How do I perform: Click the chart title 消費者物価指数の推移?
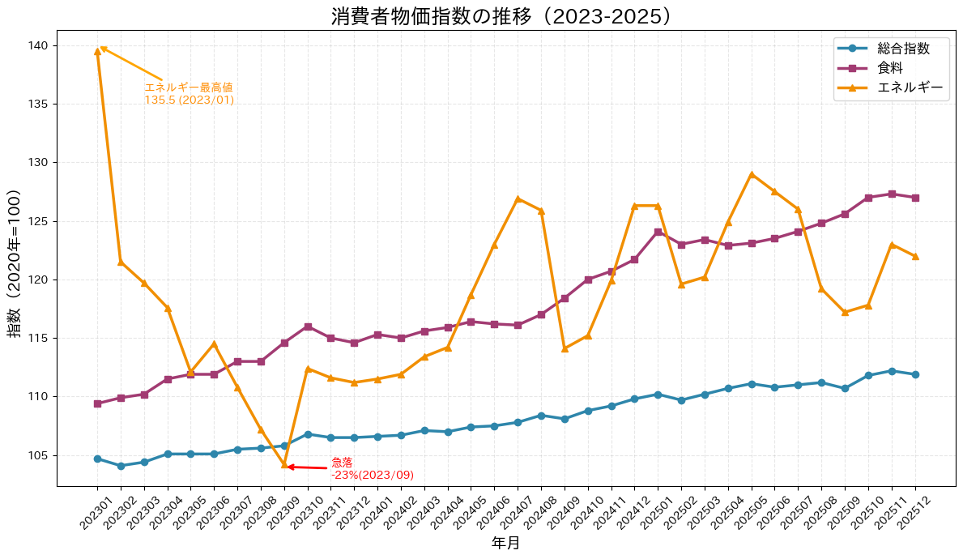501,16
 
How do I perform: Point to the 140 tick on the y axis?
38,45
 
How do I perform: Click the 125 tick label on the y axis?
38,221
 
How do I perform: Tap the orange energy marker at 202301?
97,51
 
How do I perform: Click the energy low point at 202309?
284,465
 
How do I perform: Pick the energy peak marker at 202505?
752,174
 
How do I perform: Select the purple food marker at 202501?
658,232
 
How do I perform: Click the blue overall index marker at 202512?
915,374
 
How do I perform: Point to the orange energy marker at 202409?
565,348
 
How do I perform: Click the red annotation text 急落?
342,462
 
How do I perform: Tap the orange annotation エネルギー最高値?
189,87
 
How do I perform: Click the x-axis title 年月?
505,544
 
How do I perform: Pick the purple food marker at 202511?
892,194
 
